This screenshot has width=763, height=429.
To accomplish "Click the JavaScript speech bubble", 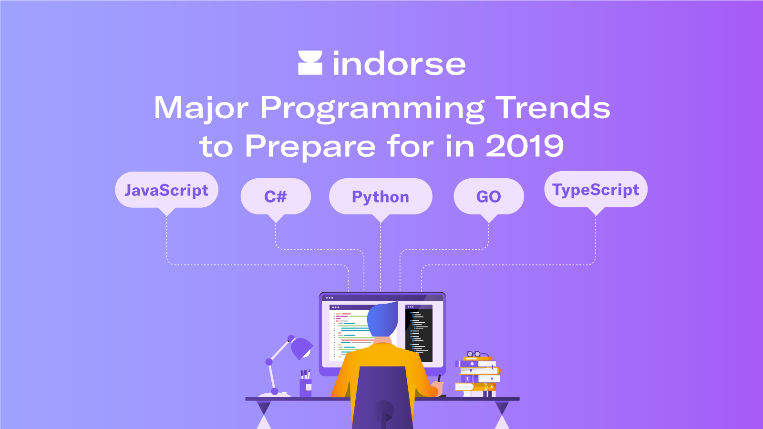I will click(166, 190).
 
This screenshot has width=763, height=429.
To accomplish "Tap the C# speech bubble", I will click(276, 196).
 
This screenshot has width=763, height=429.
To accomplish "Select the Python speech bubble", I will click(381, 196).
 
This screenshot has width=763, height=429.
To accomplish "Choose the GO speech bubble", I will click(489, 196).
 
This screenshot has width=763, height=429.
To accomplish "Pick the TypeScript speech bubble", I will click(596, 189).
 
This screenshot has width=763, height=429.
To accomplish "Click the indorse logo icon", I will click(310, 63).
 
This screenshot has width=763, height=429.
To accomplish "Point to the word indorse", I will click(399, 64).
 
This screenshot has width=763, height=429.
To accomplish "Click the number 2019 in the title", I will click(525, 146).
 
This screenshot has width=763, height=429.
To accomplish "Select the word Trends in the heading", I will click(553, 107).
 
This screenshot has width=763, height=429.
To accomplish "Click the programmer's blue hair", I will click(382, 319).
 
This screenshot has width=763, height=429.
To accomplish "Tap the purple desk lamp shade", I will click(301, 347).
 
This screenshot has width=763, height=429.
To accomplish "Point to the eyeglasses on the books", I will click(474, 354).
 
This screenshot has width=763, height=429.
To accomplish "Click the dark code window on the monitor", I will click(419, 334).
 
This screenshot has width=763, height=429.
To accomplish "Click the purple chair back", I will click(381, 396).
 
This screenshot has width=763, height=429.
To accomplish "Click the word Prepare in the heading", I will click(310, 146).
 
